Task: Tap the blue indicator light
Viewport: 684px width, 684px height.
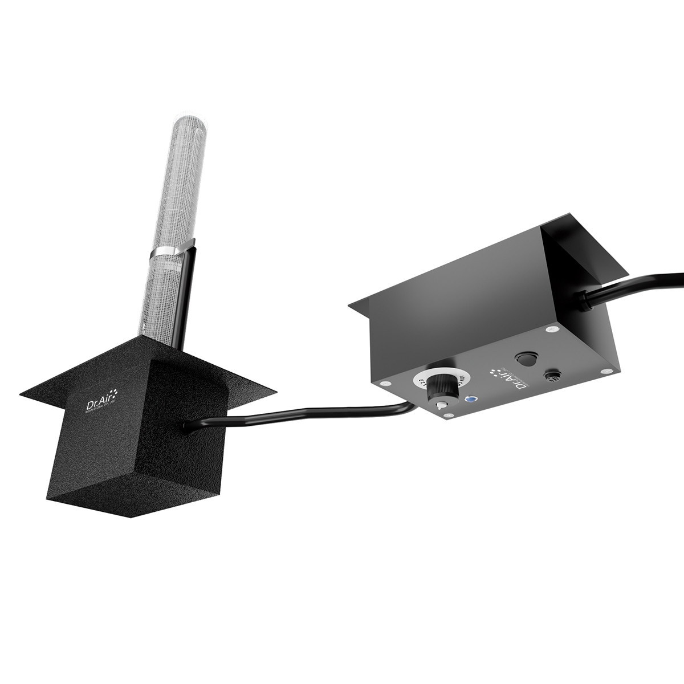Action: point(471,400)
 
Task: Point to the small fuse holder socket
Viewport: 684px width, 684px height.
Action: point(552,377)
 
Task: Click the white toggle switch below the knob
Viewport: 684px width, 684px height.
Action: point(438,405)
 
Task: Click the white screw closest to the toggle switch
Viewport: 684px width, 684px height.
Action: point(451,414)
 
